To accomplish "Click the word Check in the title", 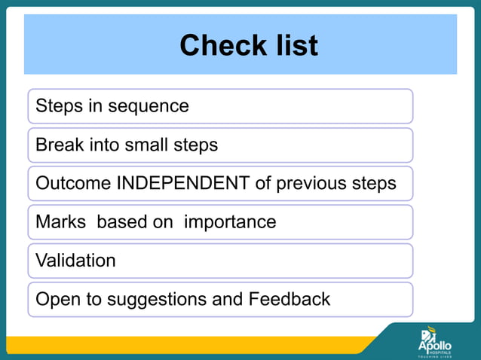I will click(217, 46).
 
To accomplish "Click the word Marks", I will click(60, 222).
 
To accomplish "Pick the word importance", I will click(230, 222).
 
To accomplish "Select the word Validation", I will click(75, 261).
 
